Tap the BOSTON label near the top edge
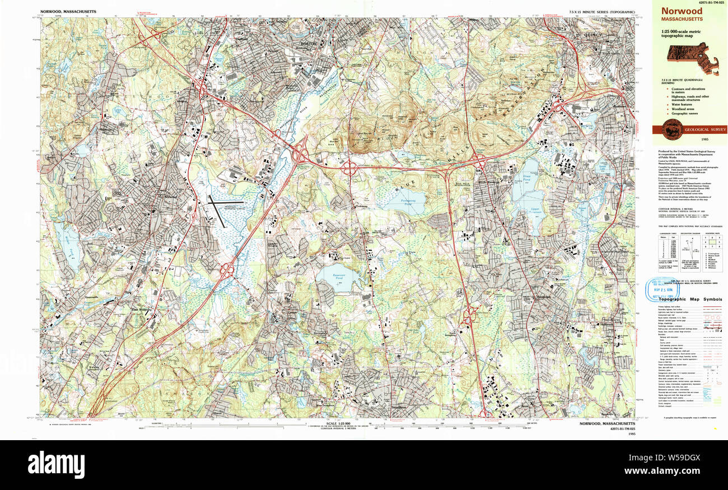tap(309, 43)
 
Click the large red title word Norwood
tap(682, 11)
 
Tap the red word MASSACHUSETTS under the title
tap(682, 19)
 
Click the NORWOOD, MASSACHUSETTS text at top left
tap(68, 11)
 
